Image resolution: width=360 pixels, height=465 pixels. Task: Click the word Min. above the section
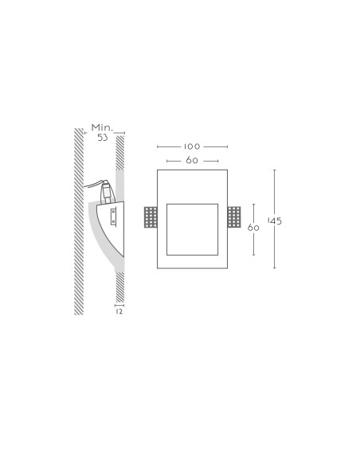pos(102,128)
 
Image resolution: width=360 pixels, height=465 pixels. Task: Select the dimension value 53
pos(103,138)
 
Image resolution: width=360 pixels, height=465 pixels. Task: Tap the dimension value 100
pos(192,147)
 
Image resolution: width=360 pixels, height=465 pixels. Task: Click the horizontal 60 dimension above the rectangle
pos(192,160)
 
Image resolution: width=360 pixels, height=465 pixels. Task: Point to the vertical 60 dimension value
pos(253,228)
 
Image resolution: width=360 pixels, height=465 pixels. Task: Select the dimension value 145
pos(275,221)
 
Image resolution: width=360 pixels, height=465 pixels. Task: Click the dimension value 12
pos(119,311)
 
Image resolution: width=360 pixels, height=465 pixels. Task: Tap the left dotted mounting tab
pos(151,217)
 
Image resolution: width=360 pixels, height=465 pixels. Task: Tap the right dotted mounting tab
pos(234,217)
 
